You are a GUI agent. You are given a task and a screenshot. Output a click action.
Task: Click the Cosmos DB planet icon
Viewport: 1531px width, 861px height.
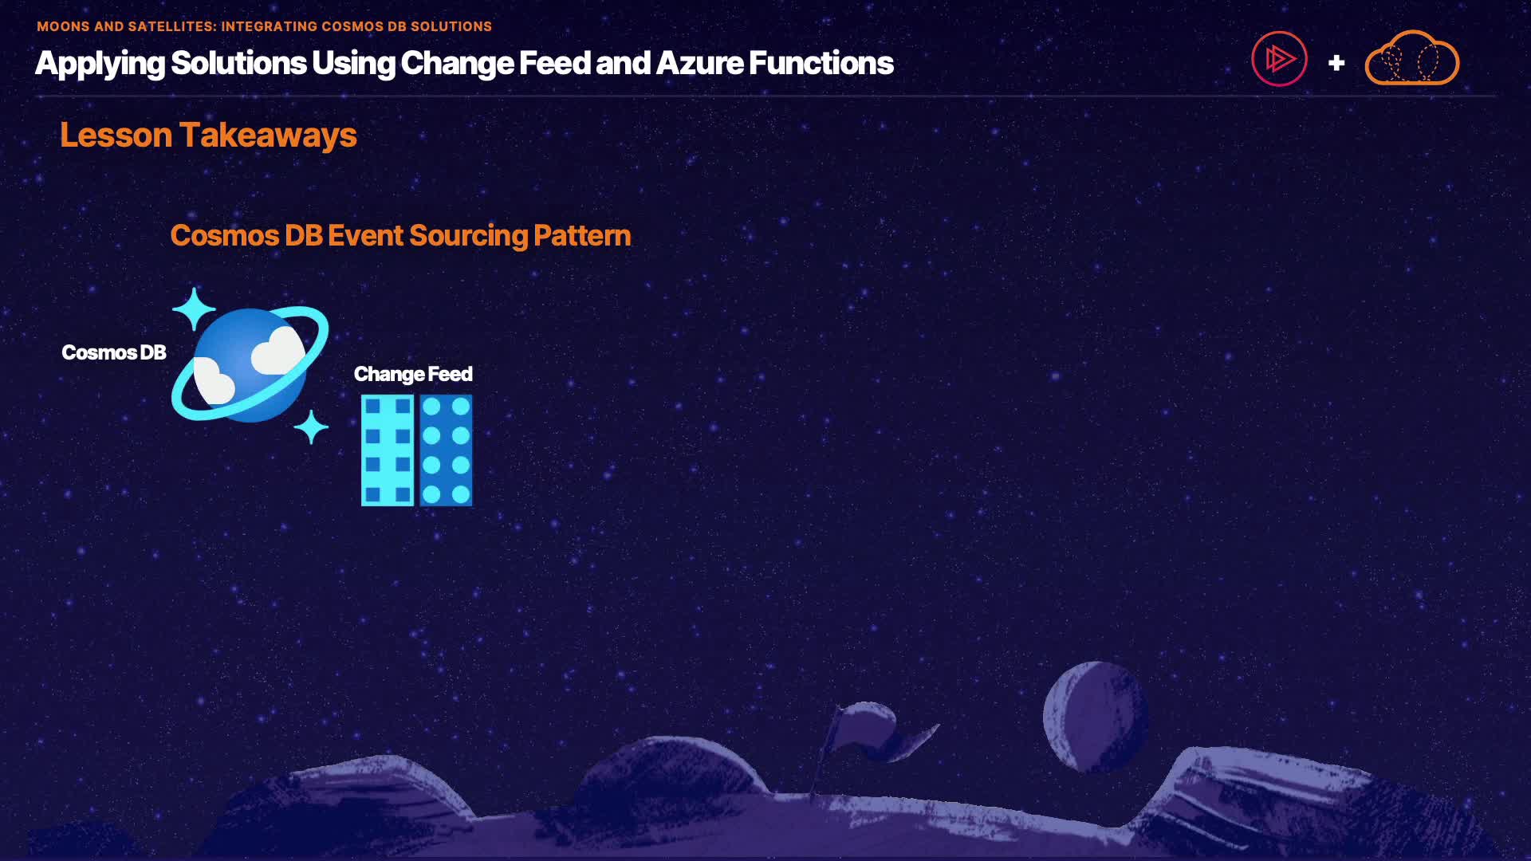(x=250, y=365)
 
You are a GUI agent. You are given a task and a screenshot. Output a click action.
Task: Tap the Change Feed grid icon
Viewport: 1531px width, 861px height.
(x=417, y=450)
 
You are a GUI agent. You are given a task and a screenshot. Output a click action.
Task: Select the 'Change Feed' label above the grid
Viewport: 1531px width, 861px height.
(x=413, y=374)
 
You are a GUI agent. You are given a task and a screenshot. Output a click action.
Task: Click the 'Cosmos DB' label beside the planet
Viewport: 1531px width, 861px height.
(x=114, y=352)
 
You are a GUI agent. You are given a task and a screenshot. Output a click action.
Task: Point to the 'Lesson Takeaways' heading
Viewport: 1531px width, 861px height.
(x=208, y=135)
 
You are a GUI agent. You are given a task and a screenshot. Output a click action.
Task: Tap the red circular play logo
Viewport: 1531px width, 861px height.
(x=1279, y=59)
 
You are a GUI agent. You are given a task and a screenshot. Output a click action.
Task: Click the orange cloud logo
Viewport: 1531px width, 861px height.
(x=1412, y=59)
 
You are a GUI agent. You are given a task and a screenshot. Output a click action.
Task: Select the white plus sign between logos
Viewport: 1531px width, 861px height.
(x=1336, y=63)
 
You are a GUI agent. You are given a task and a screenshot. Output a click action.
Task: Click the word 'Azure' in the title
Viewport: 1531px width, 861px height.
(x=700, y=63)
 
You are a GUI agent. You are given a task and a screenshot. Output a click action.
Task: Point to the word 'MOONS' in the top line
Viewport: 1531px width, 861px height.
(x=63, y=26)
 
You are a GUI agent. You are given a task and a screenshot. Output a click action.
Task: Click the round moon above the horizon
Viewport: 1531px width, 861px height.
(x=1095, y=717)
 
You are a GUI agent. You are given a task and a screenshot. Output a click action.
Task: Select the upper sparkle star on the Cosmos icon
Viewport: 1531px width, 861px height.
(x=194, y=309)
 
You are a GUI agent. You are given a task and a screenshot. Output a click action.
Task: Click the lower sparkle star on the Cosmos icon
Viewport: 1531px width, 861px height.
(x=311, y=427)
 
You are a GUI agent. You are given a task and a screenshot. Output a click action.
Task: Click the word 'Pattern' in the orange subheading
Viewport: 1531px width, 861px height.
(x=582, y=236)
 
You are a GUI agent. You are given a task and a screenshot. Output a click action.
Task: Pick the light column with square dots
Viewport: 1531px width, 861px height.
(x=388, y=450)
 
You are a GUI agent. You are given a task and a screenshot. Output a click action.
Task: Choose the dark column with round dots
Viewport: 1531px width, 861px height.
(x=446, y=450)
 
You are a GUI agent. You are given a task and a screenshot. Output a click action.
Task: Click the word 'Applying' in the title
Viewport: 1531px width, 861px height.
(x=100, y=64)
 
